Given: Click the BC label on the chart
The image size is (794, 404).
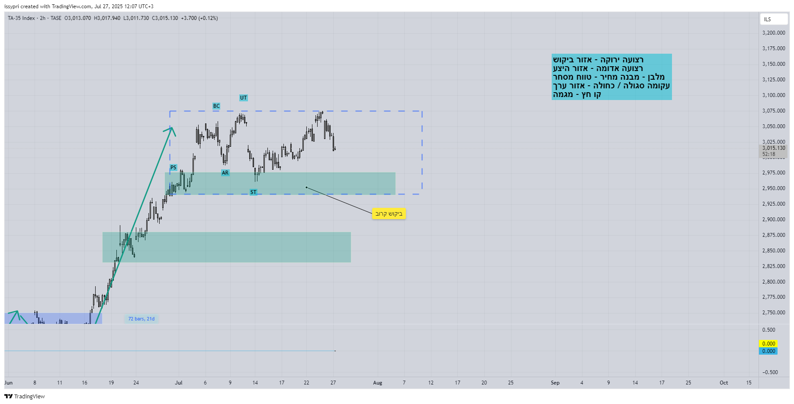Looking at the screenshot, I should [x=216, y=106].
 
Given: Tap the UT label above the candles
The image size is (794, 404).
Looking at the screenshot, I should [x=244, y=98].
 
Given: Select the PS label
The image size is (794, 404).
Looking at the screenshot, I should [x=173, y=168].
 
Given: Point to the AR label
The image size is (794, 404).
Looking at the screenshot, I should [x=225, y=173].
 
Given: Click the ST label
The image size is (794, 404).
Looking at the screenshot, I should [x=253, y=192].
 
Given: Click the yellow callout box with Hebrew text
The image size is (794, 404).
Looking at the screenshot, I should [x=389, y=213].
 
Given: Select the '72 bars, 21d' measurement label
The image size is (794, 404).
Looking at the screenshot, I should [x=141, y=319].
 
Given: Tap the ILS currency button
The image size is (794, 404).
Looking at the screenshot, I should [x=773, y=19].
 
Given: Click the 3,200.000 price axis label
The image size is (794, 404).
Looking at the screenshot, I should [x=774, y=33].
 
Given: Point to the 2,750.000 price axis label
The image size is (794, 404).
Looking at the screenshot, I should [x=774, y=313].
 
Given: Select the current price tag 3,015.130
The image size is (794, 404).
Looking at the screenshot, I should [x=774, y=148].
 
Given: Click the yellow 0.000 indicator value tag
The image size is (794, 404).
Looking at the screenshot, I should [x=768, y=344].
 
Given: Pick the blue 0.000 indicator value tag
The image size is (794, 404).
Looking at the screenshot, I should [x=768, y=351].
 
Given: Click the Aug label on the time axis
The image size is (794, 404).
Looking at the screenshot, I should [x=378, y=383].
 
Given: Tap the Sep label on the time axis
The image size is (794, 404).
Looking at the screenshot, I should [x=555, y=383].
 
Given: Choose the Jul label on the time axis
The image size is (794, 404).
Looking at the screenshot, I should [x=179, y=383].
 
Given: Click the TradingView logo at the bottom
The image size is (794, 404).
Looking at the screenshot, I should [x=25, y=396].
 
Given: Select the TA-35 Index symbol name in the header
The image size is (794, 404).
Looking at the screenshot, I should [x=21, y=18].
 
